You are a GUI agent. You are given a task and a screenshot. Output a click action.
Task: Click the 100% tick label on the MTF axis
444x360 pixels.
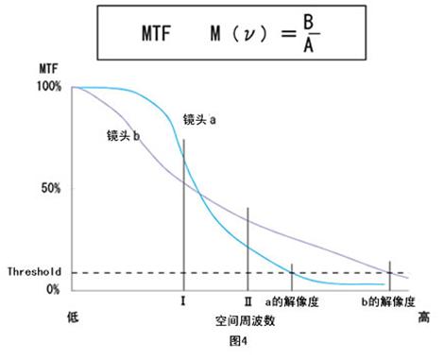click(50, 87)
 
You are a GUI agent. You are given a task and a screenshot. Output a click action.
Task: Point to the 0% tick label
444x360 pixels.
click(55, 288)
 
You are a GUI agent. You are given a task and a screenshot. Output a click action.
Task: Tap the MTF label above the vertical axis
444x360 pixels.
click(47, 70)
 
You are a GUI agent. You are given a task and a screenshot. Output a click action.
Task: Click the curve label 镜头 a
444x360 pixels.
click(200, 121)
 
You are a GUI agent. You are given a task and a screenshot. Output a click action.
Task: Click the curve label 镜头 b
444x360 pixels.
click(124, 135)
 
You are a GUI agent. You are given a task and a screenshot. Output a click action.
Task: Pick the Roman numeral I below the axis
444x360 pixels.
click(183, 303)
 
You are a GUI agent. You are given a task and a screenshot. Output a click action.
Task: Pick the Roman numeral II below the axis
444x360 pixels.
click(248, 303)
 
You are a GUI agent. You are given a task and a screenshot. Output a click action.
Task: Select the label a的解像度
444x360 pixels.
click(291, 303)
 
